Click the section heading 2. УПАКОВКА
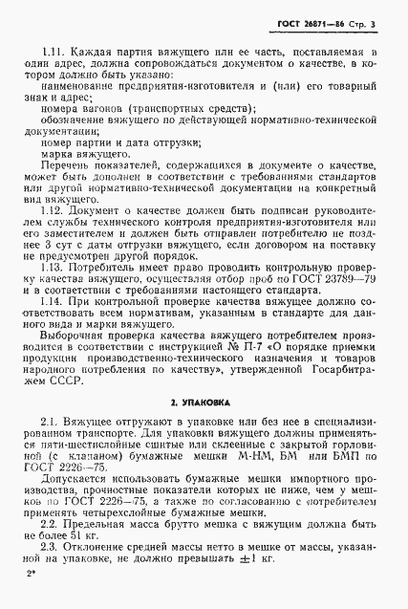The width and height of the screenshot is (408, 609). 205,392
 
